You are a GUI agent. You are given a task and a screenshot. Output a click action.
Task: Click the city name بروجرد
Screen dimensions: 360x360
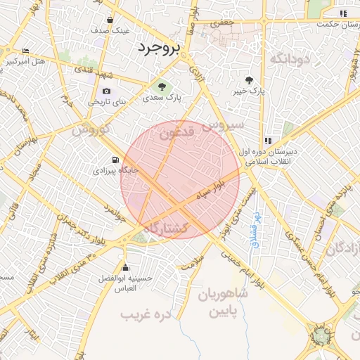(x=158, y=48)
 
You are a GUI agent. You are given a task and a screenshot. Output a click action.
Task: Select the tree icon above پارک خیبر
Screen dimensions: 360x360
(x=250, y=80)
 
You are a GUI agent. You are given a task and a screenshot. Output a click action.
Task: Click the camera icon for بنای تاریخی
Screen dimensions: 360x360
(x=106, y=91)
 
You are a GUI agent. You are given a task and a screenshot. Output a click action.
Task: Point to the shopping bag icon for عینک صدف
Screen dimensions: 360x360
(x=111, y=20)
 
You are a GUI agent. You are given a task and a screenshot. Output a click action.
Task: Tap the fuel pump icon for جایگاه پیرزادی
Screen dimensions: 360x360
(x=115, y=159)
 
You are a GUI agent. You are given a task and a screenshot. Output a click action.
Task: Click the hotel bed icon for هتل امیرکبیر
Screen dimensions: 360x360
(x=26, y=51)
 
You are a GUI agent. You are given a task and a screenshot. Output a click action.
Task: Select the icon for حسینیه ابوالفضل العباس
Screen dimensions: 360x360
(x=126, y=267)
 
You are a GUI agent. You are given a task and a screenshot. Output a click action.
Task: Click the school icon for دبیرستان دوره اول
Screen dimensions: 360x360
(x=268, y=140)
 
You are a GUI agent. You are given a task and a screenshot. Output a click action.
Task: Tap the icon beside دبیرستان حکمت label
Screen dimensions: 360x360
(x=342, y=13)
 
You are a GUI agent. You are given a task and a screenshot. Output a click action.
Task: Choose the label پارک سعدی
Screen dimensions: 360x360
(x=163, y=98)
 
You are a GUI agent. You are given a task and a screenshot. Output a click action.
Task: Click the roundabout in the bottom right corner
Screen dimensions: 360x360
(x=323, y=334)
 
